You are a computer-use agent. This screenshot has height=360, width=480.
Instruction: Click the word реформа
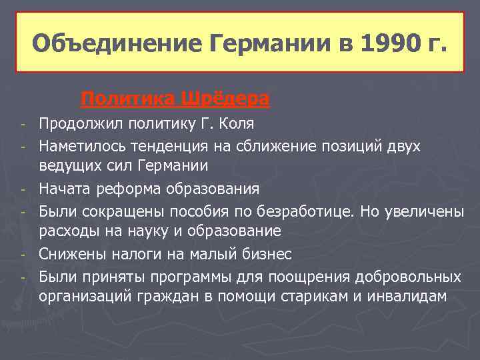coord(125,189)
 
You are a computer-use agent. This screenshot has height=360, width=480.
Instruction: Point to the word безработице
coord(313,211)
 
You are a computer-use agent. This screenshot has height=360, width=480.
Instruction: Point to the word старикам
coord(327,296)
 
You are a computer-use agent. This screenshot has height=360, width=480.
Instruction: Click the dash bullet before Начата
coord(23,189)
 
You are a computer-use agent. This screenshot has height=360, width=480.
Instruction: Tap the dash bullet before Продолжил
coord(23,125)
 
